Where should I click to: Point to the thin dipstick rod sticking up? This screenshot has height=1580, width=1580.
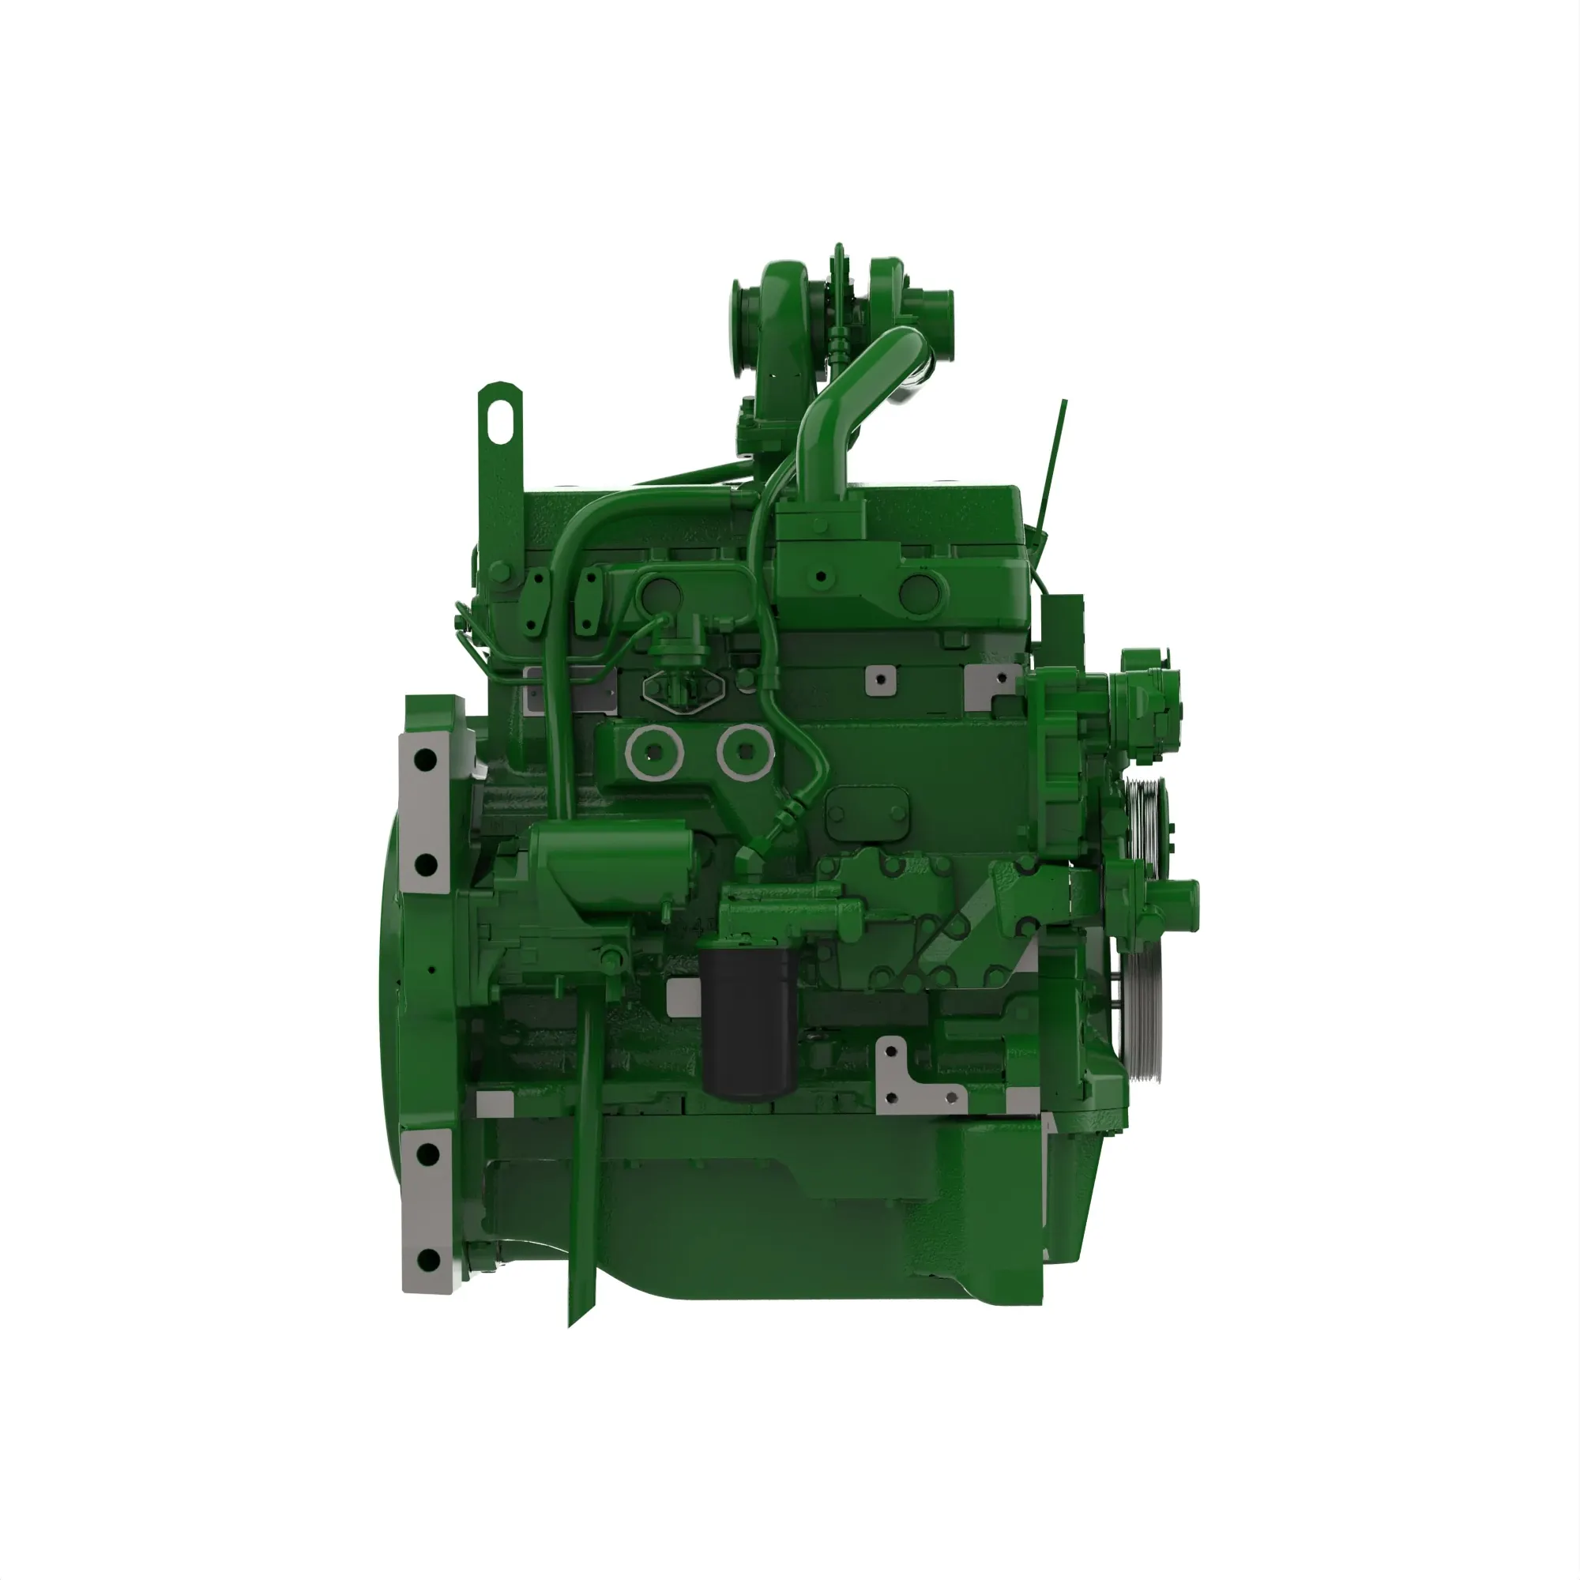pos(1055,458)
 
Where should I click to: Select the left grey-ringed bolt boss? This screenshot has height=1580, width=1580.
pos(653,750)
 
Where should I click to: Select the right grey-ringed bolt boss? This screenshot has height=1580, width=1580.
pos(745,750)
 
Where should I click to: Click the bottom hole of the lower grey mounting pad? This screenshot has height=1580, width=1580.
pos(427,1260)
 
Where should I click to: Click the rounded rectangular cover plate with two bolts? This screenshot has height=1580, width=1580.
pos(867,812)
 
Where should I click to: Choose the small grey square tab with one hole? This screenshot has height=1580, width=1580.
pos(879,678)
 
